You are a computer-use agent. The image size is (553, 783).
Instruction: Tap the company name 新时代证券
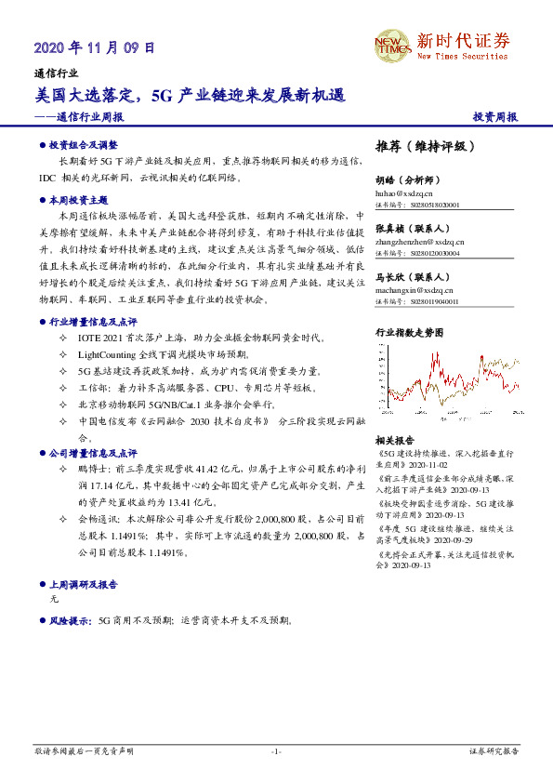click(463, 41)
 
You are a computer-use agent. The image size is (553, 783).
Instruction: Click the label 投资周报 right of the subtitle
click(494, 117)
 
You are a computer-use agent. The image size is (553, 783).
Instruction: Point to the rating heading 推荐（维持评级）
click(425, 147)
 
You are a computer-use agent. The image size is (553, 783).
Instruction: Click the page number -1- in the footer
click(276, 750)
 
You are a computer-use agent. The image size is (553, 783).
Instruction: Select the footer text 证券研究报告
click(494, 750)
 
